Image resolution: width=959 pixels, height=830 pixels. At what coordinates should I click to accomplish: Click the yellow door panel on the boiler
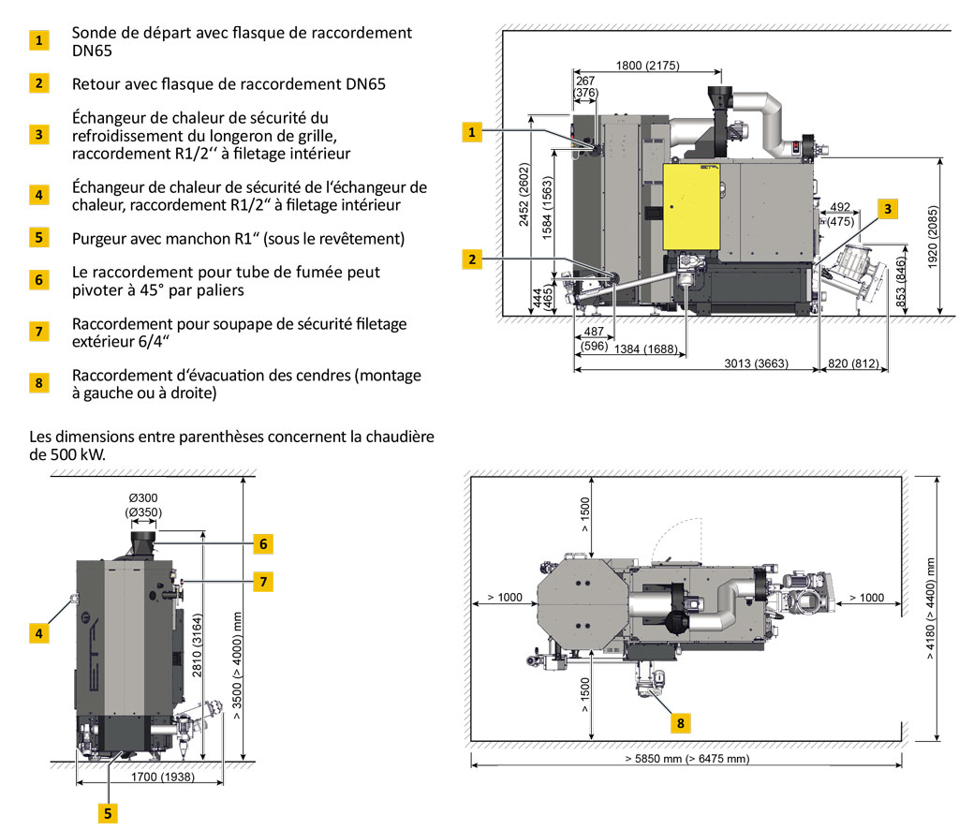(692, 206)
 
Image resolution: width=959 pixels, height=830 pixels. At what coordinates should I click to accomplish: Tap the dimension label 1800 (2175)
(648, 66)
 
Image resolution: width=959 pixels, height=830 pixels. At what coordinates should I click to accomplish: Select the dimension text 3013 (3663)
(756, 363)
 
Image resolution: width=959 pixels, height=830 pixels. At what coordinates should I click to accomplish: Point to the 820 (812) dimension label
(853, 363)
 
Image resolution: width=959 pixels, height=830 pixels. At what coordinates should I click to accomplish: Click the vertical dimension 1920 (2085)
(933, 237)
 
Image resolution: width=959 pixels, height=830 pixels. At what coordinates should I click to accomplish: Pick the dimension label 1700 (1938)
(163, 777)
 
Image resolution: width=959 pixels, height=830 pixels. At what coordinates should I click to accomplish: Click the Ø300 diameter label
(143, 497)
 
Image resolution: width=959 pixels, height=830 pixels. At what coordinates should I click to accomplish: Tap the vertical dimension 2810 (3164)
(197, 645)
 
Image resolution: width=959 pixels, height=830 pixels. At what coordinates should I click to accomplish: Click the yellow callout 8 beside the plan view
(680, 723)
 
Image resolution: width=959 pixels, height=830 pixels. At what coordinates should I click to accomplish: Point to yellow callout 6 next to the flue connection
(263, 543)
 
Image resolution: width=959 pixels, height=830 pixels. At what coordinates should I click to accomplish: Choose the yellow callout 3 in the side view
(888, 209)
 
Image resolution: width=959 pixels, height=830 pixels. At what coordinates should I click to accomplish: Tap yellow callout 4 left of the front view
(38, 633)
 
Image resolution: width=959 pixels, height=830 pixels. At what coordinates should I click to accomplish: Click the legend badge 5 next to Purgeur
(38, 237)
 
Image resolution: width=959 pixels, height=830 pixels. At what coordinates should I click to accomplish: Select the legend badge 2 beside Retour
(38, 83)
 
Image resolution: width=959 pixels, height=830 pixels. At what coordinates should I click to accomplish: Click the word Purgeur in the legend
(98, 239)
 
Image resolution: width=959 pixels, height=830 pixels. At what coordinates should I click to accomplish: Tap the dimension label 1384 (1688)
(646, 349)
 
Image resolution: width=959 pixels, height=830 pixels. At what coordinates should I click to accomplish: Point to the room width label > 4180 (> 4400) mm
(930, 609)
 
